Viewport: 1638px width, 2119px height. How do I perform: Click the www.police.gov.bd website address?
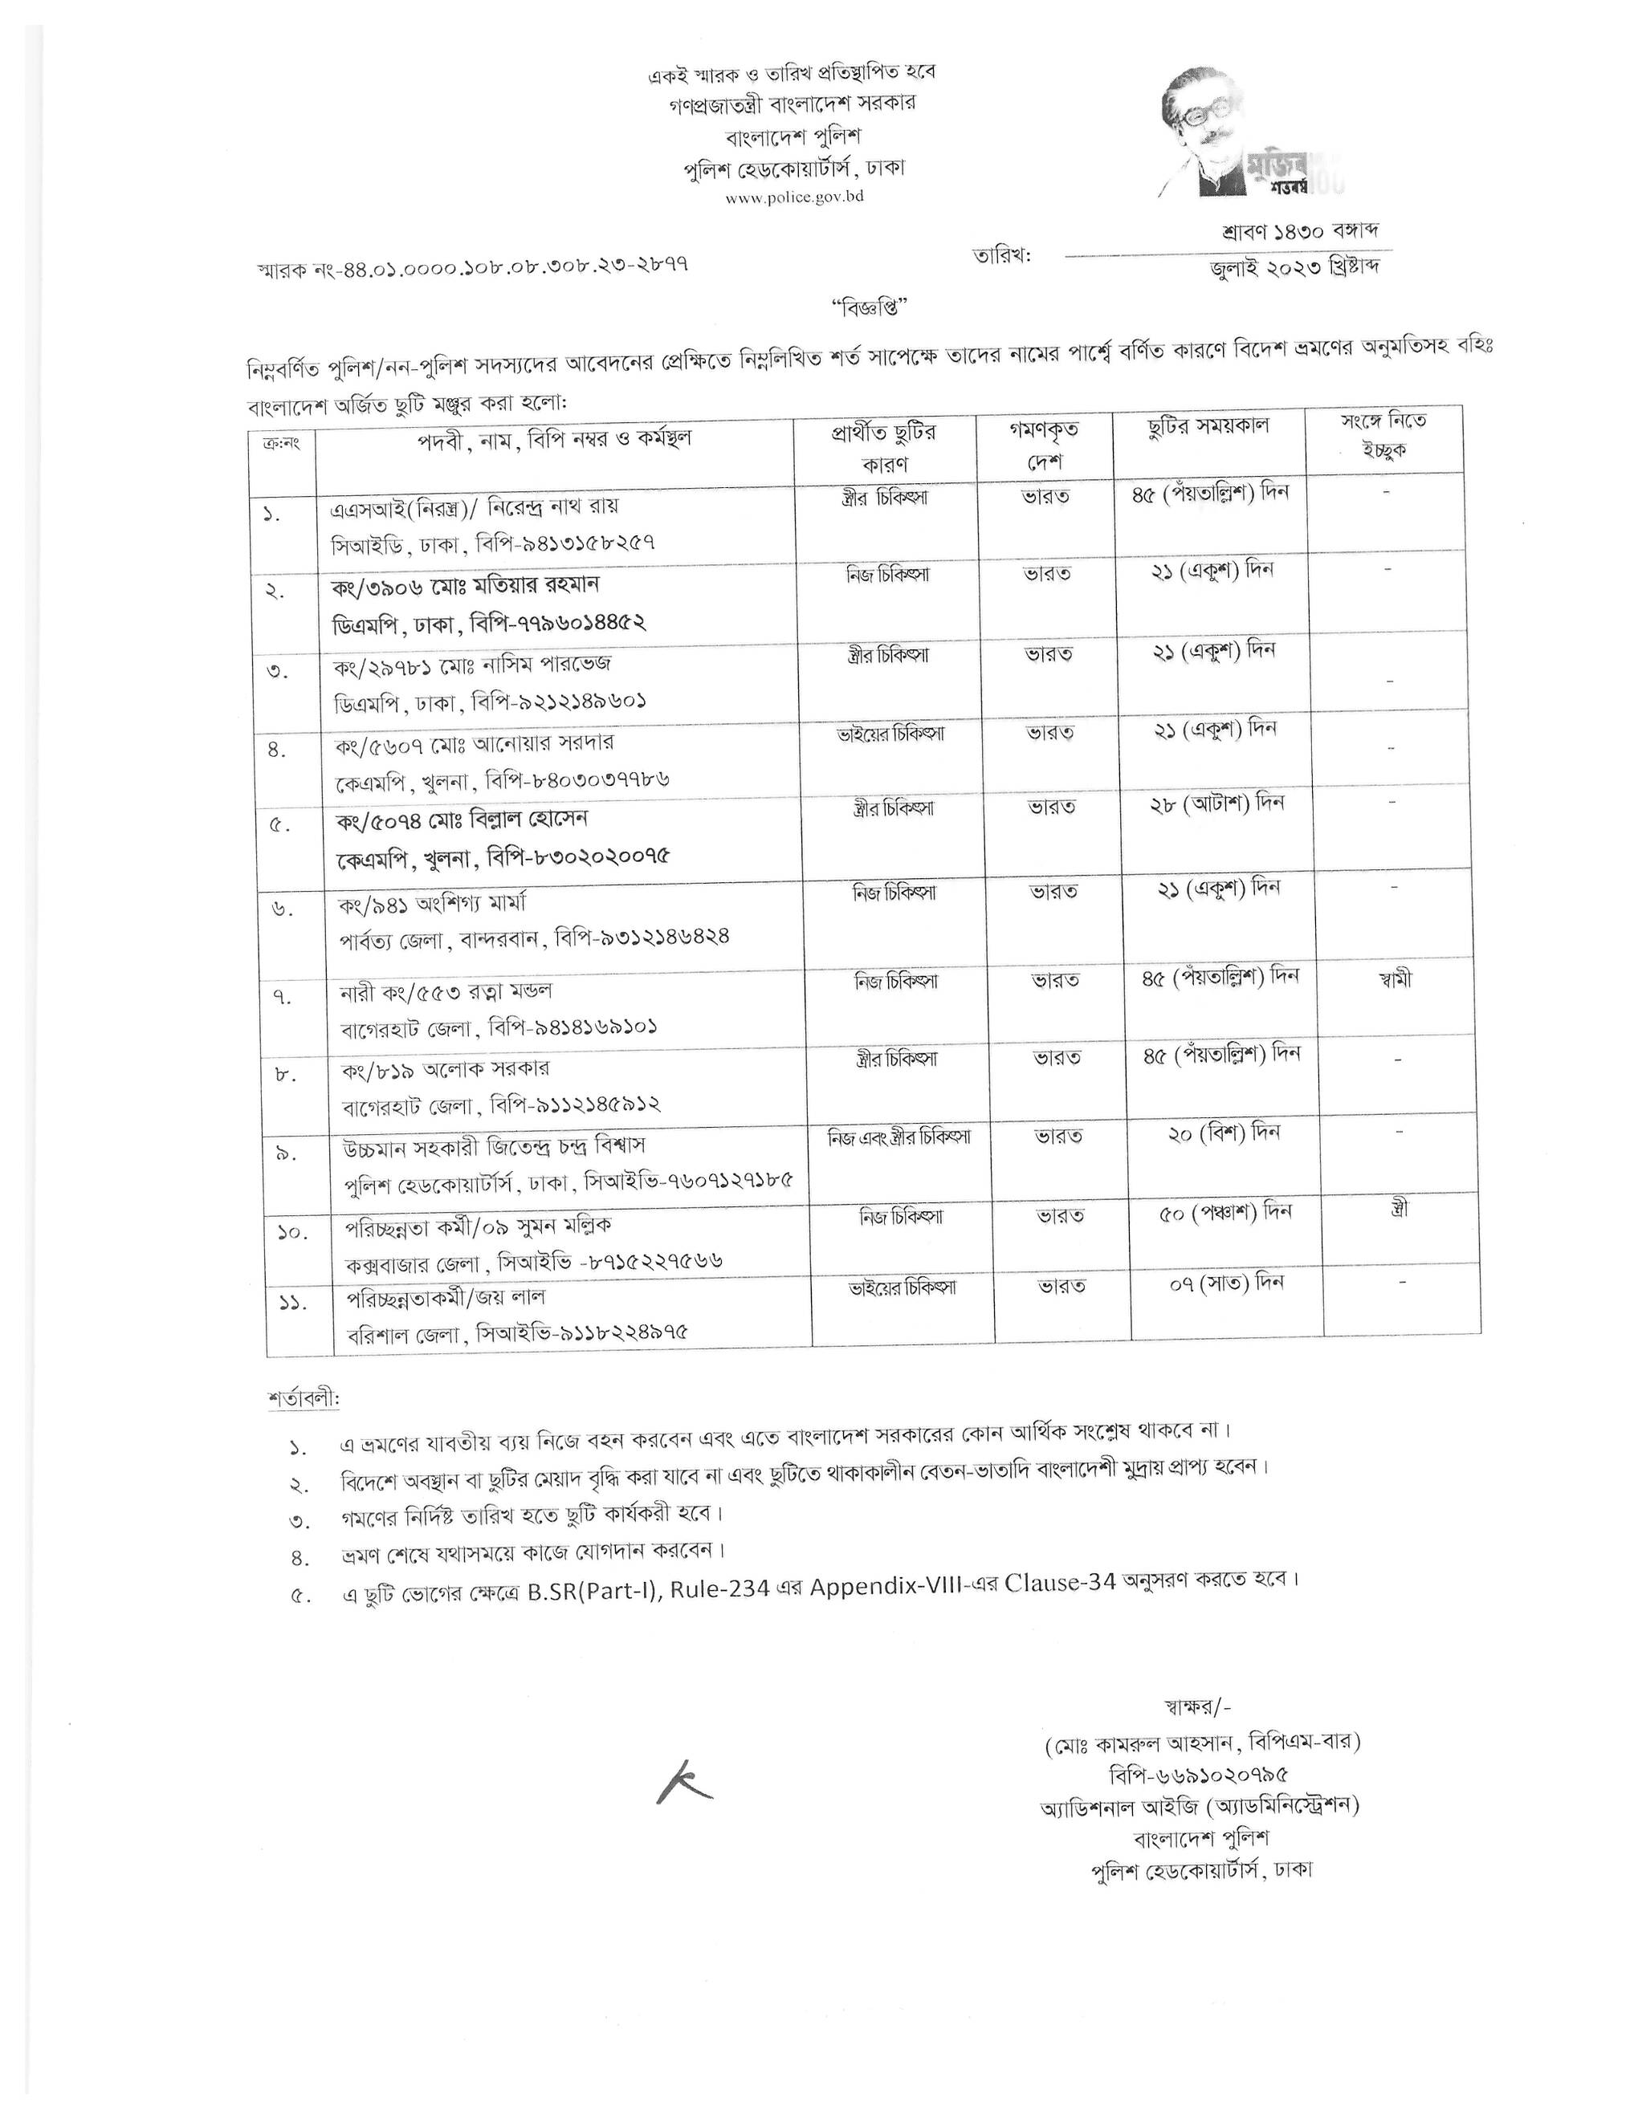tap(794, 196)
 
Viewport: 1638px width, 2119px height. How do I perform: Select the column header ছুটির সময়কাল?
tap(1208, 426)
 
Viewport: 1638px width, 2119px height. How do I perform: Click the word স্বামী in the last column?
tap(1387, 979)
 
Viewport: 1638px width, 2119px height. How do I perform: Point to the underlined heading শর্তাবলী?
tap(304, 1400)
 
